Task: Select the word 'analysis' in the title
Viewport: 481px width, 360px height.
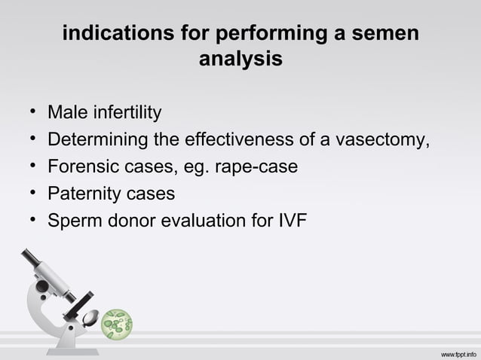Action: pos(240,58)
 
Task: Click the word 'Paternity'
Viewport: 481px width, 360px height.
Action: pos(84,194)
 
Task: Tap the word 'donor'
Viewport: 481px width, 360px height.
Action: pos(133,221)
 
